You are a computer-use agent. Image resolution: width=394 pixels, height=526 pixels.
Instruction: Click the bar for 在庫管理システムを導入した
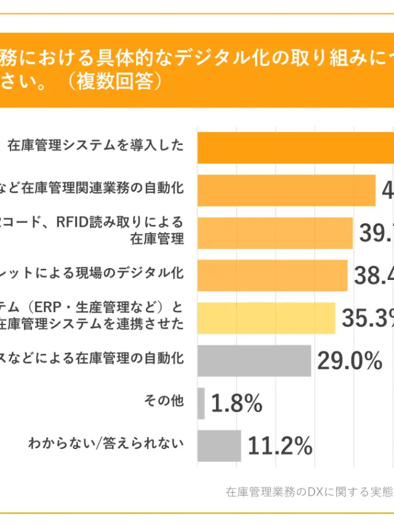coord(295,147)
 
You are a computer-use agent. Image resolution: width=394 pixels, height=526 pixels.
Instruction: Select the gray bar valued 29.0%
coord(254,360)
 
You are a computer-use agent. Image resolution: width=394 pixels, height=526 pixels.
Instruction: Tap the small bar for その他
coord(201,403)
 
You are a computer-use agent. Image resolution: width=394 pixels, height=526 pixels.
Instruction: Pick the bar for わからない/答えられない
coord(219,445)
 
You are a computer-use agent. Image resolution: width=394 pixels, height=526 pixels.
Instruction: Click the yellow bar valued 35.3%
coord(266,318)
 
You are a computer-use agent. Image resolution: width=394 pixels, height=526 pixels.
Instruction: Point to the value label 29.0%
coord(350,361)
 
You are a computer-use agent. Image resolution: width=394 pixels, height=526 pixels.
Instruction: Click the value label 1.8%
coord(236,404)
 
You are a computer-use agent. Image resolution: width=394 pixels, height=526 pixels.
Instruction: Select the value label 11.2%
coord(279,446)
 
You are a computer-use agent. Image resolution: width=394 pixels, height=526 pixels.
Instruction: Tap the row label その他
coord(163,401)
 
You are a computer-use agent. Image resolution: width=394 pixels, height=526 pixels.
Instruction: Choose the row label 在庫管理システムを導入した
coord(96,146)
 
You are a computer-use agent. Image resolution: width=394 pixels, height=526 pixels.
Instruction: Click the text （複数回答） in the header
coord(116,83)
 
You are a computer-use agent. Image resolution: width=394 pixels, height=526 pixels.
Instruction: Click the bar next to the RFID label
coord(275,232)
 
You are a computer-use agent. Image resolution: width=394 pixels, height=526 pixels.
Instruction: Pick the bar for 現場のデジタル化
coord(272,275)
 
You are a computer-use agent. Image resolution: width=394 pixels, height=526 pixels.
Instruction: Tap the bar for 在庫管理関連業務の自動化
coord(286,190)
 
